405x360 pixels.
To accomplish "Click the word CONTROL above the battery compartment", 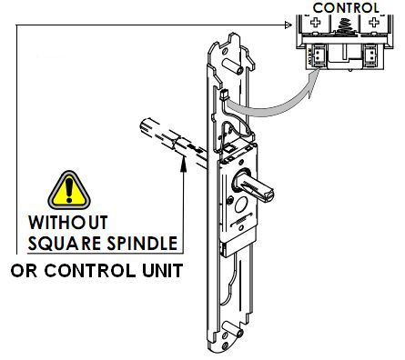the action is coord(346,7).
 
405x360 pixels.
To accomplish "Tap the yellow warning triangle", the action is coord(69,190).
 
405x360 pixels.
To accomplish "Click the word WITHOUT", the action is coord(68,223).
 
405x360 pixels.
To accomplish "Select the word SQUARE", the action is coord(65,243).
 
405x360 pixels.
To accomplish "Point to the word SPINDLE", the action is coord(142,243).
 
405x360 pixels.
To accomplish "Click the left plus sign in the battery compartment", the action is coord(316,22).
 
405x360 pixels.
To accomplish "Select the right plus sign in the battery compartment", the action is coord(374,22).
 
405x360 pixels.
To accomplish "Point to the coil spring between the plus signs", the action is coord(345,26).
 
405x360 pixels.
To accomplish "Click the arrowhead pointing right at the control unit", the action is coord(289,25).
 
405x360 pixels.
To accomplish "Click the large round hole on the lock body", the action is coord(242,205).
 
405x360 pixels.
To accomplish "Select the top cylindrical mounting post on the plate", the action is coord(232,66).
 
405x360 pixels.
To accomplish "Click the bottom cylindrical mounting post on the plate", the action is coord(232,330).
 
